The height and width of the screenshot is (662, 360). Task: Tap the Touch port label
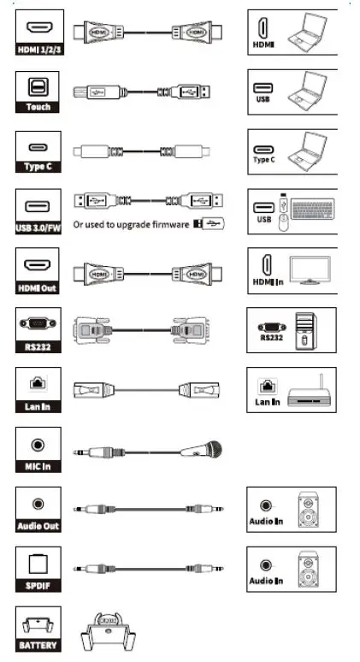point(38,107)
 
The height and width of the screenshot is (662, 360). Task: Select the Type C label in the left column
point(38,166)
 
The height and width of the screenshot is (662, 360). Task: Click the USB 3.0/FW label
point(38,226)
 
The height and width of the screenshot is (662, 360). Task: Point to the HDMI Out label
point(38,288)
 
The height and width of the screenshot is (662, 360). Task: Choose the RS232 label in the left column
point(38,348)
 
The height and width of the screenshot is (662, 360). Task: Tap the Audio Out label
point(38,525)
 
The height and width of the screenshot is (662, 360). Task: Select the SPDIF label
point(38,586)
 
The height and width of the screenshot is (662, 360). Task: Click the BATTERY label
point(38,645)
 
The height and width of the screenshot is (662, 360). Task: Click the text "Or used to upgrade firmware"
point(132,225)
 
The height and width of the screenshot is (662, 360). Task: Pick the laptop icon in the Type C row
point(309,149)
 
